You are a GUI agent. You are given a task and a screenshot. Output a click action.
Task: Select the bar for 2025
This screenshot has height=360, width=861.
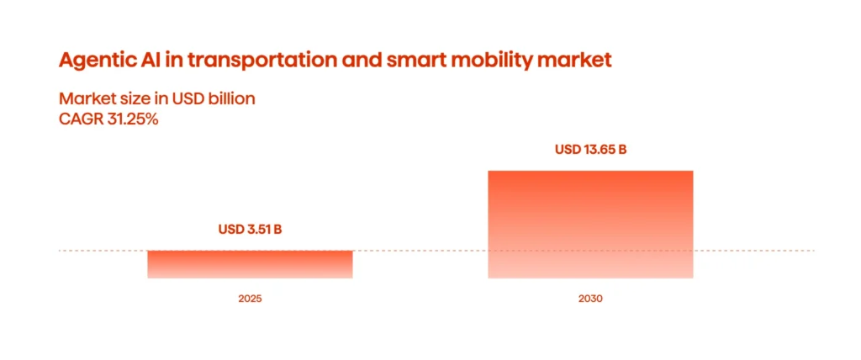tap(250, 264)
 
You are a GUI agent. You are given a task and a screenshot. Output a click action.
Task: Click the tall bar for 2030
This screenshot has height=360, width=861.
tap(590, 224)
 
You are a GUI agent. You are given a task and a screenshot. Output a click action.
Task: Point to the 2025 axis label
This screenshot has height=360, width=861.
tap(250, 299)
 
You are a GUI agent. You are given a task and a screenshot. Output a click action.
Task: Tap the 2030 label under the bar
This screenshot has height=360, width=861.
tap(590, 299)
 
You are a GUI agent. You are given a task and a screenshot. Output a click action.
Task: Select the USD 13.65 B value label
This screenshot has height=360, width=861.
tap(590, 151)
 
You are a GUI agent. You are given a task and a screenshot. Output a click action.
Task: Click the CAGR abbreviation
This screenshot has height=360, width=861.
tap(80, 119)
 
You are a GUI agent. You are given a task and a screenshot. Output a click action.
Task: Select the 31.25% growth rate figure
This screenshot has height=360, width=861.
tap(131, 119)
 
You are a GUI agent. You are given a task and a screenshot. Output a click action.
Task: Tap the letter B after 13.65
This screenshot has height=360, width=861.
tap(622, 151)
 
